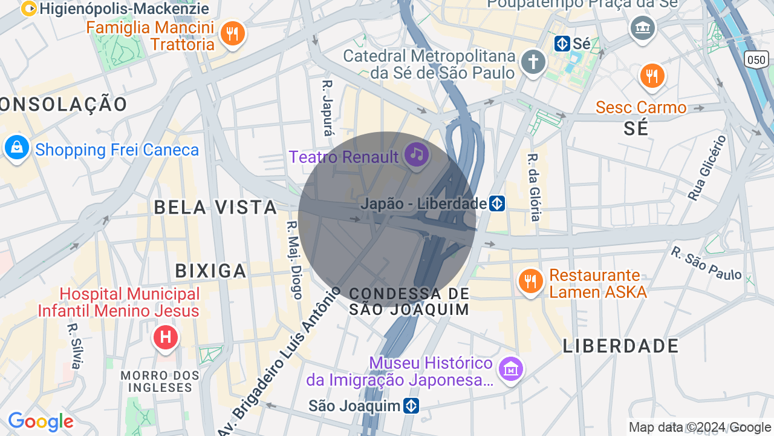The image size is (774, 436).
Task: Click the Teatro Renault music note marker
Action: point(416,155)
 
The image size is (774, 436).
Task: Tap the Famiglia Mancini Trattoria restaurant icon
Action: point(232,33)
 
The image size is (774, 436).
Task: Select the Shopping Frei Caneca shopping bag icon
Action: point(16,148)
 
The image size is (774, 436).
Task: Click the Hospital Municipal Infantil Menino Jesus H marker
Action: point(165,337)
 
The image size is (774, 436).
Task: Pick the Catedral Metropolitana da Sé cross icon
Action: point(533,62)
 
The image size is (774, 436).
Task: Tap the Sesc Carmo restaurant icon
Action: point(651,76)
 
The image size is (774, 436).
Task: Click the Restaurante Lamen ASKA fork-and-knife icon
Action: point(530,282)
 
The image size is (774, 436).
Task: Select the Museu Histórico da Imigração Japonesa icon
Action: point(510,368)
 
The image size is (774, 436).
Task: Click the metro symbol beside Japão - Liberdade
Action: point(497,203)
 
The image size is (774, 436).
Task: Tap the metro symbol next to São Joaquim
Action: point(411,406)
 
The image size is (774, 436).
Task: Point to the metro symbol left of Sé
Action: point(562,44)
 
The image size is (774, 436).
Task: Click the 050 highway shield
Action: point(756,59)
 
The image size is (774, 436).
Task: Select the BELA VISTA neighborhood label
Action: point(215,207)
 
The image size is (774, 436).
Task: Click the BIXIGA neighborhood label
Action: point(211,271)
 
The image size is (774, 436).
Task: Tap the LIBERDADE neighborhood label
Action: point(621,346)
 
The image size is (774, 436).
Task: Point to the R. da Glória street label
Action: point(533,187)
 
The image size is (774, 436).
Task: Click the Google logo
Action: point(41,421)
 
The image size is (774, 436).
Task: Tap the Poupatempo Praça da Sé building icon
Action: point(642,27)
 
